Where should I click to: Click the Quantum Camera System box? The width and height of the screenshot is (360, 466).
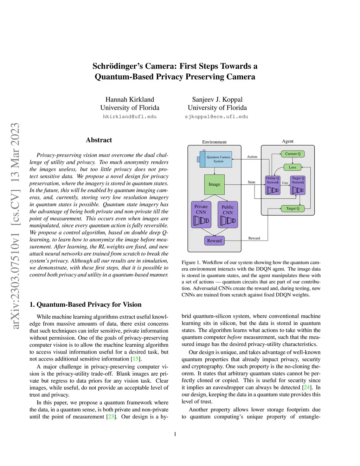pyautogui.click(x=218, y=159)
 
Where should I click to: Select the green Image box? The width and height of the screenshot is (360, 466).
pyautogui.click(x=214, y=184)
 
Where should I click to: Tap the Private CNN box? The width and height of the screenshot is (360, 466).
pyautogui.click(x=201, y=214)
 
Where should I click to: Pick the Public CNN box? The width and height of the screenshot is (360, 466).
pyautogui.click(x=227, y=215)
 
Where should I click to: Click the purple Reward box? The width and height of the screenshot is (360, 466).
pyautogui.click(x=214, y=241)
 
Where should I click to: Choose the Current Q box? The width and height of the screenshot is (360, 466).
pyautogui.click(x=292, y=154)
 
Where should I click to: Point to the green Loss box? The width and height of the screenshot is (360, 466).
pyautogui.click(x=292, y=167)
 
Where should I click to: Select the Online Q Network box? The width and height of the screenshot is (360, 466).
pyautogui.click(x=272, y=185)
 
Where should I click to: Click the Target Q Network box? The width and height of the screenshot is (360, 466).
pyautogui.click(x=298, y=185)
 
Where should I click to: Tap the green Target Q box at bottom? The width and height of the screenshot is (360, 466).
pyautogui.click(x=292, y=208)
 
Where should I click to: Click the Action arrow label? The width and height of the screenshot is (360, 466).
pyautogui.click(x=252, y=157)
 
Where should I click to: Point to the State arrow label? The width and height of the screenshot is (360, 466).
pyautogui.click(x=251, y=182)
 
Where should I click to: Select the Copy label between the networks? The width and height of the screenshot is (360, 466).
pyautogui.click(x=285, y=183)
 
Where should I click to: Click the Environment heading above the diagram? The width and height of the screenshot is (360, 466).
pyautogui.click(x=214, y=142)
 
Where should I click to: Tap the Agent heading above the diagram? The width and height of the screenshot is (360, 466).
pyautogui.click(x=288, y=141)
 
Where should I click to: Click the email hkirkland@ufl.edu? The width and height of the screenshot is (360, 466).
pyautogui.click(x=130, y=117)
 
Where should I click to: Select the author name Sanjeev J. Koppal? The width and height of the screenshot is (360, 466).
pyautogui.click(x=217, y=100)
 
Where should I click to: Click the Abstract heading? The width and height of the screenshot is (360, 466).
pyautogui.click(x=99, y=140)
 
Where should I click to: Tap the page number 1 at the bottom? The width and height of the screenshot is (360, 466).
pyautogui.click(x=175, y=434)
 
